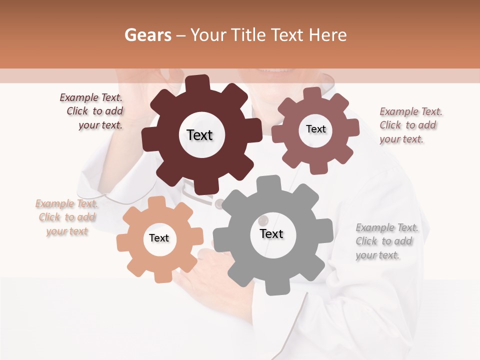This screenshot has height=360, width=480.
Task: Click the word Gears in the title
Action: click(147, 35)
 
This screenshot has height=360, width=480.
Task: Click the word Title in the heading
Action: click(248, 35)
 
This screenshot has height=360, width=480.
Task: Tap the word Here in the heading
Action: click(327, 35)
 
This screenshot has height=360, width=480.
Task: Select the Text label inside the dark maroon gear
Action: click(199, 135)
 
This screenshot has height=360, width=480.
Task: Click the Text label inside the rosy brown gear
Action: click(315, 129)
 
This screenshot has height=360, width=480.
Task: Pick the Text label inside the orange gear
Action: click(159, 238)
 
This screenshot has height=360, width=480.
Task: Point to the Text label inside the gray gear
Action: click(271, 233)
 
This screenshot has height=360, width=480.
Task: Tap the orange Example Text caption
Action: click(66, 217)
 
